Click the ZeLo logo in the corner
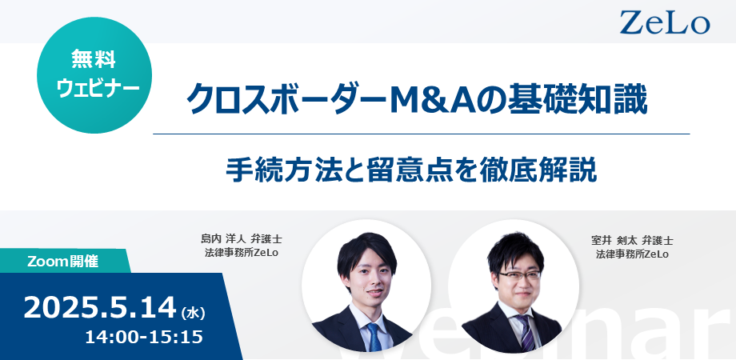[x=665, y=22]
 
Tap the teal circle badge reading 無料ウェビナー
[x=94, y=75]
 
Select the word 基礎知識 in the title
[x=589, y=99]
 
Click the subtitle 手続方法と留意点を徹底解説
[x=412, y=170]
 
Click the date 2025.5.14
[x=99, y=308]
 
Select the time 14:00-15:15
[x=144, y=337]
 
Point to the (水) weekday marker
[x=193, y=312]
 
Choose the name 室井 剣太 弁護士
[x=632, y=241]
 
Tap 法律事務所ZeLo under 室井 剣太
[x=632, y=254]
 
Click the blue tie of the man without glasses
[x=374, y=338]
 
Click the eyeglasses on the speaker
[x=520, y=275]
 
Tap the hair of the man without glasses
[x=366, y=251]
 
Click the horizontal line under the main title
[x=422, y=134]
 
